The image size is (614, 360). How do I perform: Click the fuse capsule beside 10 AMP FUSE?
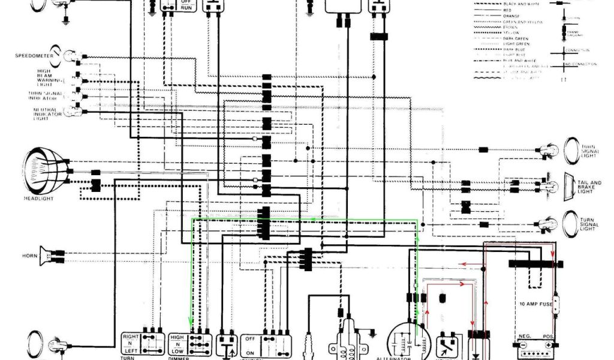[x=556, y=302]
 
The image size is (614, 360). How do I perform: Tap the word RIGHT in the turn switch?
[x=131, y=338]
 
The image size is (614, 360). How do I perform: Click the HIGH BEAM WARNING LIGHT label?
[x=46, y=77]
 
